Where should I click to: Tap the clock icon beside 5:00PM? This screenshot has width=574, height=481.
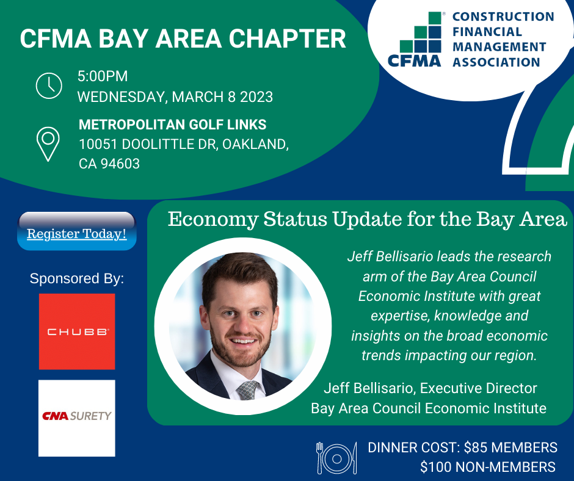(x=49, y=85)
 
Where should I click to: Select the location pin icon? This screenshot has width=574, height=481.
(x=48, y=143)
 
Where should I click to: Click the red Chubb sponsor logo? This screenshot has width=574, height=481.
(x=77, y=331)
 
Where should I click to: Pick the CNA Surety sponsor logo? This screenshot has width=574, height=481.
(x=77, y=418)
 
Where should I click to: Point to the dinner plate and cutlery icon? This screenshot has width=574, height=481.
(x=336, y=457)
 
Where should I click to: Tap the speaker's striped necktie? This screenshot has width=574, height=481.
(x=249, y=389)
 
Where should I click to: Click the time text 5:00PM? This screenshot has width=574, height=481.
(x=103, y=77)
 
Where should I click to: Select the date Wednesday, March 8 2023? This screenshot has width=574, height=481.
(x=175, y=97)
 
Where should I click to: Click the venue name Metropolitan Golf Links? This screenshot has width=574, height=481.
(x=172, y=125)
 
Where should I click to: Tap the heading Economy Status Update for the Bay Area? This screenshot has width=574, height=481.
(x=368, y=219)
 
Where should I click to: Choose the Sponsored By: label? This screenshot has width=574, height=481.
(x=77, y=279)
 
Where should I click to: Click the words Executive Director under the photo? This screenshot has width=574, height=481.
(x=479, y=388)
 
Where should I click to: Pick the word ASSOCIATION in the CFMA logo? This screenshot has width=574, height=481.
(x=496, y=62)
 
